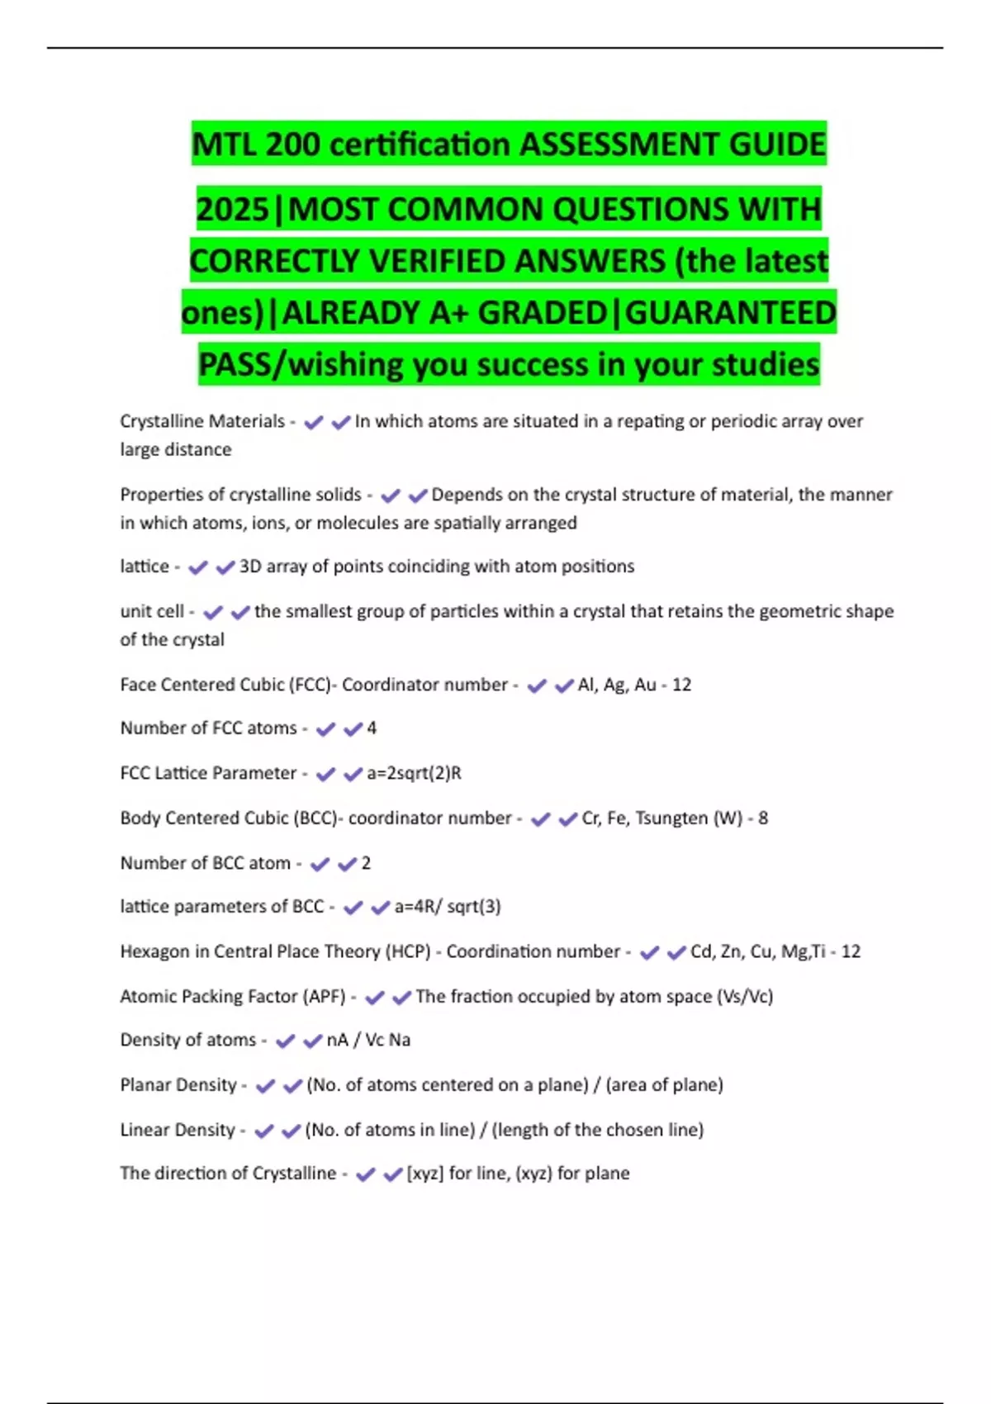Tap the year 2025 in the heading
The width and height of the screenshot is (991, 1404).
234,210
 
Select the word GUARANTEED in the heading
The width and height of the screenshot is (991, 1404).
731,313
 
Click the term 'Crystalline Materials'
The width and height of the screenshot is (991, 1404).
202,421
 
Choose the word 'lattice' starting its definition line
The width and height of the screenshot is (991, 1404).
145,567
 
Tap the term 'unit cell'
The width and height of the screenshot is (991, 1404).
152,611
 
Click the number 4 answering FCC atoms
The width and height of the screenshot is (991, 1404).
372,728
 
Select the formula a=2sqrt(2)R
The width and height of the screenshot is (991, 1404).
414,773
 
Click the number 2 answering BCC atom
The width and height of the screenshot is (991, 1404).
366,863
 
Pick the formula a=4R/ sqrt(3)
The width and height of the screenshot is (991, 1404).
448,907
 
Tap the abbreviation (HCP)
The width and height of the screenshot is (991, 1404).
409,951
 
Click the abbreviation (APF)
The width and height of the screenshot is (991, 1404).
325,997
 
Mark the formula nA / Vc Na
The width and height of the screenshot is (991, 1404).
368,1041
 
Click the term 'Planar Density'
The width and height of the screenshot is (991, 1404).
178,1085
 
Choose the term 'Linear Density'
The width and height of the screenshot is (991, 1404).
178,1130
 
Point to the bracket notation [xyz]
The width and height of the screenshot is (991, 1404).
424,1174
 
